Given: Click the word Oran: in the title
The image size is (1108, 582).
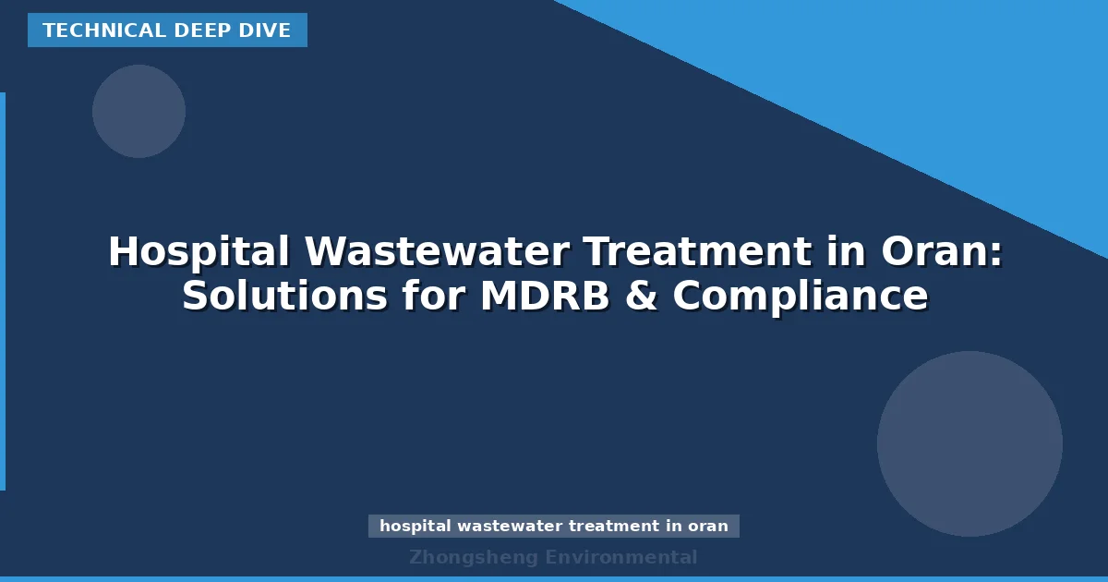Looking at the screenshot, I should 942,252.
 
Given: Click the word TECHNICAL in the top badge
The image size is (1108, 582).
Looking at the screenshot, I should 90,30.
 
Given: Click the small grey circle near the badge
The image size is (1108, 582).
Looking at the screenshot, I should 138,111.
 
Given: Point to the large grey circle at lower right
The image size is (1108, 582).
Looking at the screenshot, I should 969,443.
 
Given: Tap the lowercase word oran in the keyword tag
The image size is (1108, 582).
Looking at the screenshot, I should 708,527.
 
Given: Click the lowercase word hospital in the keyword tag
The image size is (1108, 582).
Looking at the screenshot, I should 415,527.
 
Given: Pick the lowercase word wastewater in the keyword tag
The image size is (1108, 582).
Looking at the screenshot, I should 510,527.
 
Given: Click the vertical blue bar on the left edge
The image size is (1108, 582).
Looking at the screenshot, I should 3,291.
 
